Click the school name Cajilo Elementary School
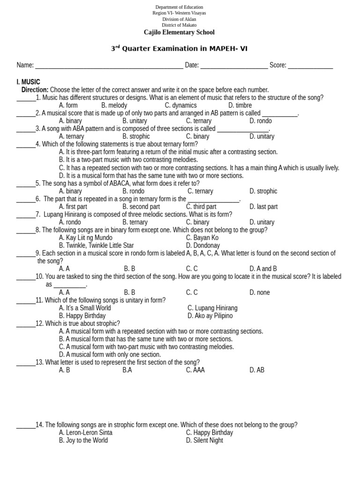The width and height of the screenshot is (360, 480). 179,32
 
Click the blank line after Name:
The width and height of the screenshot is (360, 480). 109,66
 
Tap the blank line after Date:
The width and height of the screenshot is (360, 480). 234,66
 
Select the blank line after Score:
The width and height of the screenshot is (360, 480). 310,66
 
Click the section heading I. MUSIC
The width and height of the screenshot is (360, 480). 28,82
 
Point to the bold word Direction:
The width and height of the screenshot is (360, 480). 35,90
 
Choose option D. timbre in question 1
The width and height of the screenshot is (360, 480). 240,105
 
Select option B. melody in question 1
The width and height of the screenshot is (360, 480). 114,105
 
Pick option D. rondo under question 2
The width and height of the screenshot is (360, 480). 261,121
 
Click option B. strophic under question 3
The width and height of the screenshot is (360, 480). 136,136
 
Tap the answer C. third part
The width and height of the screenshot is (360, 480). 201,207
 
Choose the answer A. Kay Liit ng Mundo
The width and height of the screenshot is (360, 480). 86,238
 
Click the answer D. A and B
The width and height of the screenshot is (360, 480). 263,269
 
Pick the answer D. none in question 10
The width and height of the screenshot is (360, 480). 260,292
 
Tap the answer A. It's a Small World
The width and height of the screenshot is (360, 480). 85,308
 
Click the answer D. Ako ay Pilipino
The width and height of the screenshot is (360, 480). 210,316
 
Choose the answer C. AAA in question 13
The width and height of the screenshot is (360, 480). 195,370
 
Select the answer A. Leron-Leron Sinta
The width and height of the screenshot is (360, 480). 86,433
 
